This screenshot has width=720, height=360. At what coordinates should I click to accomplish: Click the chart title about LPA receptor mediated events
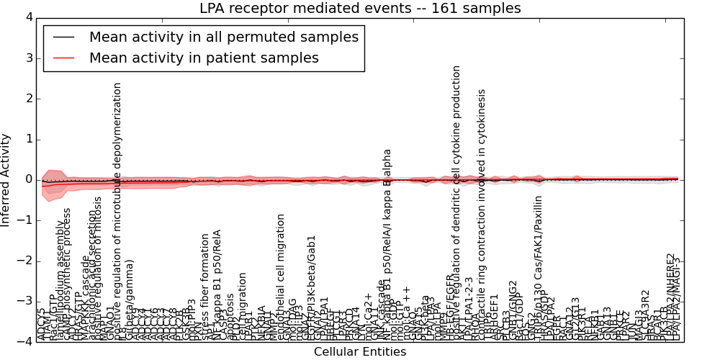coord(360,9)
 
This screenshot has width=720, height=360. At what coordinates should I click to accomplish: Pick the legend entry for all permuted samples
coord(223,37)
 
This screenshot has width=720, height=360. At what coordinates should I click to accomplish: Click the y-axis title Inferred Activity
coord(6,180)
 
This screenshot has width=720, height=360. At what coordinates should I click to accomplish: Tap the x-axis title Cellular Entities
coord(360,352)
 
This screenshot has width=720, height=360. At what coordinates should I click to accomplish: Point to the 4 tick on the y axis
coord(27,17)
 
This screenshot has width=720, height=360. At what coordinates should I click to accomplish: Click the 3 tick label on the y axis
coord(27,58)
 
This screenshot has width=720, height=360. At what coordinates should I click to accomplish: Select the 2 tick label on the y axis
coord(27,99)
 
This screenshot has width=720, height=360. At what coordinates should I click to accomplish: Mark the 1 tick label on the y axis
coord(27,139)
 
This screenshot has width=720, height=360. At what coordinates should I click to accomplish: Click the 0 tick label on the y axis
coord(27,179)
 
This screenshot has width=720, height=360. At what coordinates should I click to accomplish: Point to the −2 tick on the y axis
coord(24,261)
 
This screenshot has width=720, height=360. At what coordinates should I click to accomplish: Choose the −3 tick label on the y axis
coord(24,301)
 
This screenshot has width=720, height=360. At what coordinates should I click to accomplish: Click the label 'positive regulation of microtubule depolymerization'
coord(118,209)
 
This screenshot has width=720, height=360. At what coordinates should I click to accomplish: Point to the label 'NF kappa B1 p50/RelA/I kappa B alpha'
coord(387,245)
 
